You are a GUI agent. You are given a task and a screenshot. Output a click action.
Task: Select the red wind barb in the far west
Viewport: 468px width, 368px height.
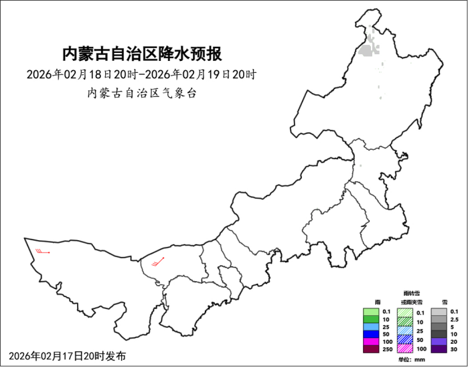[43, 252]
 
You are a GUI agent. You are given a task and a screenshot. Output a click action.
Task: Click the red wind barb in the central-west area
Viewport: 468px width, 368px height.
[159, 262]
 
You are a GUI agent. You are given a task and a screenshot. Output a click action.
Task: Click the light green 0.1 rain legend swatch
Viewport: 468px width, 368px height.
[370, 312]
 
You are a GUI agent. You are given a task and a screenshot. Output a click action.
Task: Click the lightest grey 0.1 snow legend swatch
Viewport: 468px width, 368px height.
[439, 312]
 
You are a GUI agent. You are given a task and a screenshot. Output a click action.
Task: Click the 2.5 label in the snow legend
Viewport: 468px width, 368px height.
[455, 319]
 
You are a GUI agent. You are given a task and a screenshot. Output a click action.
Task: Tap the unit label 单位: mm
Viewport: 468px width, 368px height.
[411, 360]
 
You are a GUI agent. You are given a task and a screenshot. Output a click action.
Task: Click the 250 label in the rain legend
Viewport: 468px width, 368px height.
[386, 349]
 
